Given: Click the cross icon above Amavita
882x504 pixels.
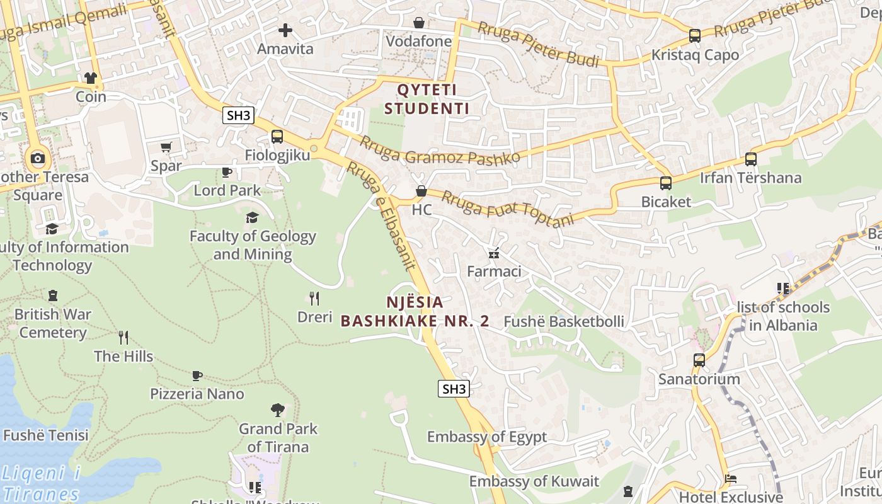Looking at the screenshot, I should [x=285, y=30].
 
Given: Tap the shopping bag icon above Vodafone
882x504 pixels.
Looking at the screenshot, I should [x=419, y=23].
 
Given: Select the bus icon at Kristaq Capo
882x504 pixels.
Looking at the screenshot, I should [x=695, y=36].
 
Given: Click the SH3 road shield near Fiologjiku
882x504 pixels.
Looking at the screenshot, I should [x=239, y=115].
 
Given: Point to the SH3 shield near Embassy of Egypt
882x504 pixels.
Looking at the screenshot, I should [x=454, y=389].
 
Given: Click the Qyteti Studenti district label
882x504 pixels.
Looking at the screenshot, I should [x=427, y=99].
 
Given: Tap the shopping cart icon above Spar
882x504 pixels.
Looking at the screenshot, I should [x=166, y=147].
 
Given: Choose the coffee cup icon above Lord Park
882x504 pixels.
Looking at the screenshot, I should [x=227, y=172].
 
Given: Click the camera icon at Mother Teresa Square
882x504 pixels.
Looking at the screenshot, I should [x=38, y=158].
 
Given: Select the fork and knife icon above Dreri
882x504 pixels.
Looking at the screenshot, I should [x=314, y=298].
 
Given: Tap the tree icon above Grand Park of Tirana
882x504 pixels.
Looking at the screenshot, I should [x=277, y=410].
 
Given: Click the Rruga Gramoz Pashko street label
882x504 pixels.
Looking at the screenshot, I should [x=439, y=150].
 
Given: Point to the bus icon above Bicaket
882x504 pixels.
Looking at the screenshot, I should [x=666, y=183].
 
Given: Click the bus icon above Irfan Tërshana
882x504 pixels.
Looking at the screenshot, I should [x=750, y=159].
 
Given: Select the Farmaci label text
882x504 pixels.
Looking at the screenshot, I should [x=494, y=272].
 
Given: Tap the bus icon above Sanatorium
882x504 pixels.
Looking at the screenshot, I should [x=699, y=360].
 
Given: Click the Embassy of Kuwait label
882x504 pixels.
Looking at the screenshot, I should [x=534, y=482].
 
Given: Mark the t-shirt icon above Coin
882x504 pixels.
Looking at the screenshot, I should [x=91, y=78].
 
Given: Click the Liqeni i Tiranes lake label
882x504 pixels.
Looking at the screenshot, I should [x=41, y=483].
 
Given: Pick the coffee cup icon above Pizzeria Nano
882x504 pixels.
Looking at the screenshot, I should [x=197, y=376].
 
